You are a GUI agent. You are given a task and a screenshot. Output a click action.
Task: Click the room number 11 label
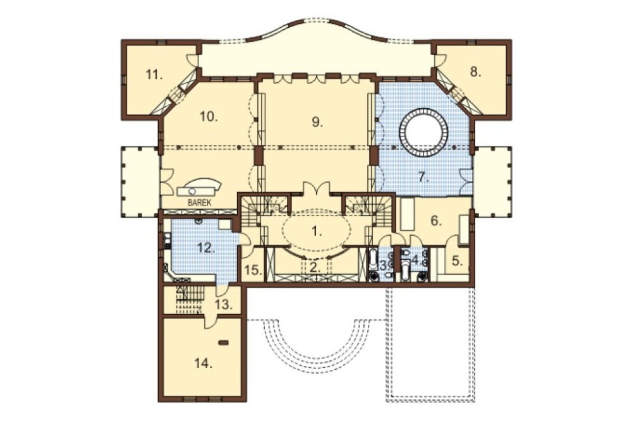(x=154, y=75)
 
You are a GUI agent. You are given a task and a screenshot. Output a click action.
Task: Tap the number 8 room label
(x=476, y=72)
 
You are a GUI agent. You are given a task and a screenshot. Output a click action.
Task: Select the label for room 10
(x=209, y=117)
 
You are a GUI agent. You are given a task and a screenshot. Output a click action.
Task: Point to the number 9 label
(x=318, y=122)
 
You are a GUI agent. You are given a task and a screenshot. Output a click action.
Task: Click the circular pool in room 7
(x=423, y=131)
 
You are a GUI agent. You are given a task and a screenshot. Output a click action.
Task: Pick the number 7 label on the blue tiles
(x=423, y=177)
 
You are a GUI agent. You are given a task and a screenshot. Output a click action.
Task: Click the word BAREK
(x=200, y=203)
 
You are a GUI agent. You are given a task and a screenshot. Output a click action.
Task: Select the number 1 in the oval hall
(x=317, y=231)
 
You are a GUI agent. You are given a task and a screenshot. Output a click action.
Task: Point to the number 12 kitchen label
(x=205, y=247)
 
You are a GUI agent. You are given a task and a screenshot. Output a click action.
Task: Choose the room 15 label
(x=253, y=270)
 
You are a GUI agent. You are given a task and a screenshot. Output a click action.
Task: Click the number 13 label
(x=224, y=305)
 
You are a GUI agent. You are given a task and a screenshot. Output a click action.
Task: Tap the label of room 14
(x=204, y=363)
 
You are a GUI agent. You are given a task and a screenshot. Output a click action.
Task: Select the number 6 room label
(x=437, y=221)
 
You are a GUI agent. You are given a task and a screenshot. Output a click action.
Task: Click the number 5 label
(x=457, y=261)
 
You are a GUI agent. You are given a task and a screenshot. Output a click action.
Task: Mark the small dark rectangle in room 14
(x=223, y=343)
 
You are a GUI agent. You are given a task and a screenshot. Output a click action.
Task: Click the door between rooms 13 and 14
(x=210, y=320)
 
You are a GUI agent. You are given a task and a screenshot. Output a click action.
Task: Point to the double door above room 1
(x=317, y=190)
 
